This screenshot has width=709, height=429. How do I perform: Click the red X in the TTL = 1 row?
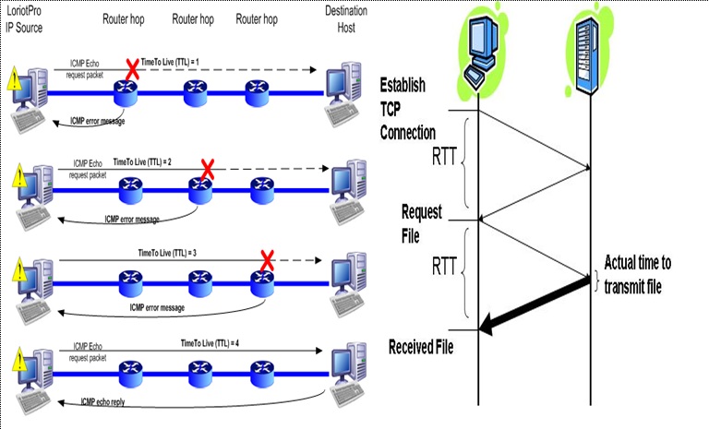click(x=132, y=69)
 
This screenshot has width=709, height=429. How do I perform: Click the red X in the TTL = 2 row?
click(x=208, y=169)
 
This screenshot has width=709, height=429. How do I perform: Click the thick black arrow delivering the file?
click(x=535, y=304)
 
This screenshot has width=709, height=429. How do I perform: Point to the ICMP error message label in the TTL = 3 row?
click(x=158, y=307)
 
